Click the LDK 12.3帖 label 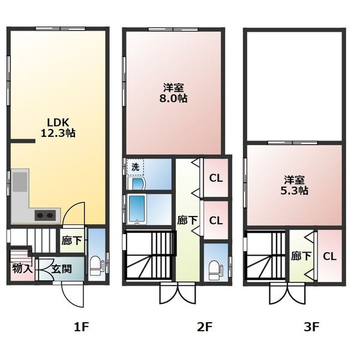(58, 128)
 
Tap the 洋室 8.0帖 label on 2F (173, 93)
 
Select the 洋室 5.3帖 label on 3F (295, 185)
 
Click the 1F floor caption (81, 327)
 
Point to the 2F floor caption (204, 327)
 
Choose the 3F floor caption (311, 327)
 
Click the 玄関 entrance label (62, 269)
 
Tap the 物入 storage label (22, 269)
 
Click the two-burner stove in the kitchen (45, 215)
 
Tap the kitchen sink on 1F (20, 182)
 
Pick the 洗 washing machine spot (136, 167)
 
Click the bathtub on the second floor (137, 209)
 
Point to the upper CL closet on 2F (216, 178)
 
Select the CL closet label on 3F (329, 256)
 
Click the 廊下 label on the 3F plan (301, 256)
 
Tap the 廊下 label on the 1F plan (71, 241)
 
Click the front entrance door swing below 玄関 (73, 296)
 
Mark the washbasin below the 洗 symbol (136, 183)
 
